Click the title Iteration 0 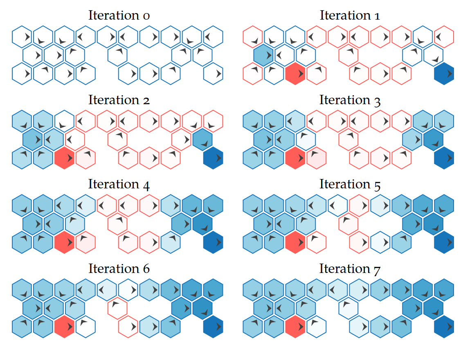click(119, 16)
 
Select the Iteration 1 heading click(350, 16)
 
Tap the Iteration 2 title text click(119, 100)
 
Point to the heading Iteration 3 click(350, 100)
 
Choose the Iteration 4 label click(119, 184)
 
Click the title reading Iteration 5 click(350, 184)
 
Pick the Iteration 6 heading click(119, 269)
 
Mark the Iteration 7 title click(350, 269)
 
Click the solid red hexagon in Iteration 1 click(295, 74)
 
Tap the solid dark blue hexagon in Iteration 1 click(444, 74)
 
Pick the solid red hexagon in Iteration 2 click(64, 158)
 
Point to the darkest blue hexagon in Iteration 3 click(444, 158)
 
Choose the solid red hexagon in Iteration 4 click(64, 242)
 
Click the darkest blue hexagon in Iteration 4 click(213, 242)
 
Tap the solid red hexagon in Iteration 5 click(295, 242)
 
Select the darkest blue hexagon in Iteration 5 click(444, 242)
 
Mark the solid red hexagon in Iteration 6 click(64, 327)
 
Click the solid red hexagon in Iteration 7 click(295, 327)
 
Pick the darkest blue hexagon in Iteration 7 click(444, 327)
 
